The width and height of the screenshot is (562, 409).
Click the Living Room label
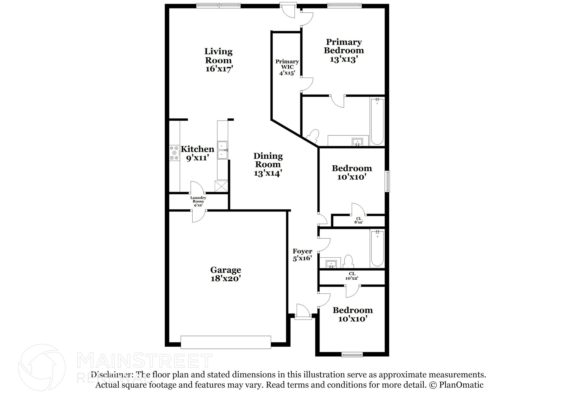[x=218, y=56]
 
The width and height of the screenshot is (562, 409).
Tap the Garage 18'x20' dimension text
[x=226, y=279]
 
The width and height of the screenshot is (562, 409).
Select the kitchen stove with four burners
[x=174, y=153]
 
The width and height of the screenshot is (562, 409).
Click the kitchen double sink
[x=222, y=150]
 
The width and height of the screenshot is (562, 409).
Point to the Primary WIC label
[x=287, y=64]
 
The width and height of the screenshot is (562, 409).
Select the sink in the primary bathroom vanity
[x=357, y=142]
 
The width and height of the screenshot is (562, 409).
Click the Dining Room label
[x=268, y=160]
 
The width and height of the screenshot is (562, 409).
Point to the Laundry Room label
[x=198, y=199]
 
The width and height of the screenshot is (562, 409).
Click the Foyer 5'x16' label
[x=302, y=255]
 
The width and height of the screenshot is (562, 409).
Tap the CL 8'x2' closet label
[x=359, y=220]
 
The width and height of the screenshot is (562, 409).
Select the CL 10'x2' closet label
[x=352, y=276]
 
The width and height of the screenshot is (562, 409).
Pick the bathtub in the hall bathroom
[x=377, y=248]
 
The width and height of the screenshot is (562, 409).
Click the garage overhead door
[x=226, y=342]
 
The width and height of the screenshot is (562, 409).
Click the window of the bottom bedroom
[x=352, y=355]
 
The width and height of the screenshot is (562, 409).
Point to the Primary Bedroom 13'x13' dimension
[x=344, y=59]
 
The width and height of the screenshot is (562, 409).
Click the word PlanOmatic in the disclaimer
[x=461, y=385]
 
